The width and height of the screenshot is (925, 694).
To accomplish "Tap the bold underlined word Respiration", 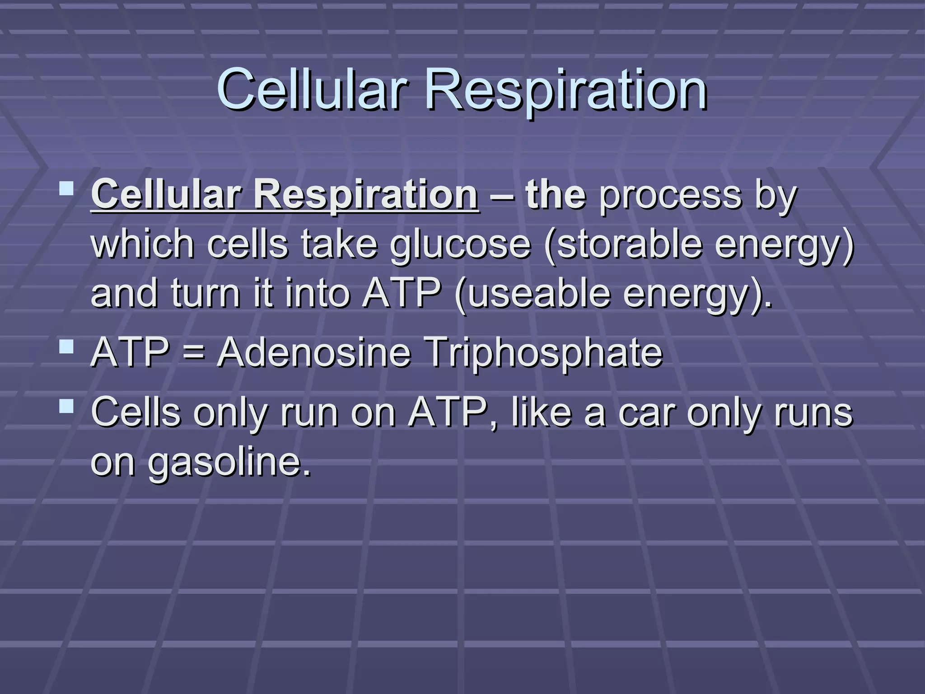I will [x=365, y=195].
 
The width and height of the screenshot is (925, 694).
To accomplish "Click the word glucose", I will [x=460, y=244].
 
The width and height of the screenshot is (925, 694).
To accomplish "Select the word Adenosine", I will [x=314, y=353].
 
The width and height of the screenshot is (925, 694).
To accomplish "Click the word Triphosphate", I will [x=544, y=353].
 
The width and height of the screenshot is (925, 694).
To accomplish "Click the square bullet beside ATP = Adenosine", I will [x=67, y=347].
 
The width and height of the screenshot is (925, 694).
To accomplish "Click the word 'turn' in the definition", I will [x=206, y=294].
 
